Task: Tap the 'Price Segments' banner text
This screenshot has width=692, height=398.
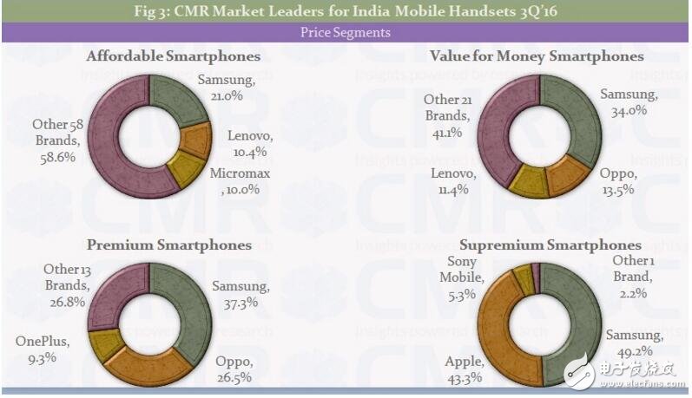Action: [346, 33]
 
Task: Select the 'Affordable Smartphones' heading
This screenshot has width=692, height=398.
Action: [174, 56]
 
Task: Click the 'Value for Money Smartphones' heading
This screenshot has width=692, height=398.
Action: [537, 56]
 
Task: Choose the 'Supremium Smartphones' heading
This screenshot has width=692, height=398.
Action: [550, 245]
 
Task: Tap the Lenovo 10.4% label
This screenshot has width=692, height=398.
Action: [250, 143]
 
